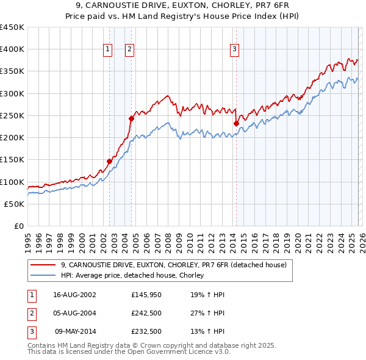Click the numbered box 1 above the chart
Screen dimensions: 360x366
tap(107, 50)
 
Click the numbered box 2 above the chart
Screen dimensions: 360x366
tap(130, 50)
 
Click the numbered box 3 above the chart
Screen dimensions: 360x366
tap(234, 50)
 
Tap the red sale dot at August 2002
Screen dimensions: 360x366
tap(109, 162)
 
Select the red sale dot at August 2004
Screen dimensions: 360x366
tap(131, 118)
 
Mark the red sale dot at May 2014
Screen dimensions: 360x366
tap(236, 123)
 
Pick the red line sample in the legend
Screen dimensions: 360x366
tap(43, 265)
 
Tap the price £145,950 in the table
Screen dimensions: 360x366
tap(145, 294)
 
